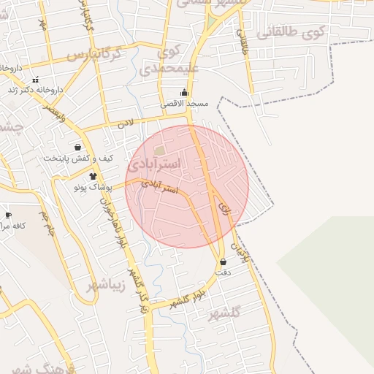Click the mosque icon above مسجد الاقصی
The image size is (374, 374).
(x=184, y=93)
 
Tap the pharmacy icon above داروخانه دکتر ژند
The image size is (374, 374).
(x=35, y=80)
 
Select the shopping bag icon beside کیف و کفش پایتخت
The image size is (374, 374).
(x=78, y=148)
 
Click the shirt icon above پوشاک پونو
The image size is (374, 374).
(x=93, y=176)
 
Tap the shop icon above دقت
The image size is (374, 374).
(x=223, y=262)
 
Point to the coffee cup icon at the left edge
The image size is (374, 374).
(x=8, y=215)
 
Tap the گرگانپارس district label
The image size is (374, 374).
(x=102, y=55)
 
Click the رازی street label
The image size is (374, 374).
(x=224, y=208)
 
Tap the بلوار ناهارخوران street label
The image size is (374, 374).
(x=117, y=219)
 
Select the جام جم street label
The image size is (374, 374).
(x=47, y=224)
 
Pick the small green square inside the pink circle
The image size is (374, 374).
(x=159, y=150)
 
